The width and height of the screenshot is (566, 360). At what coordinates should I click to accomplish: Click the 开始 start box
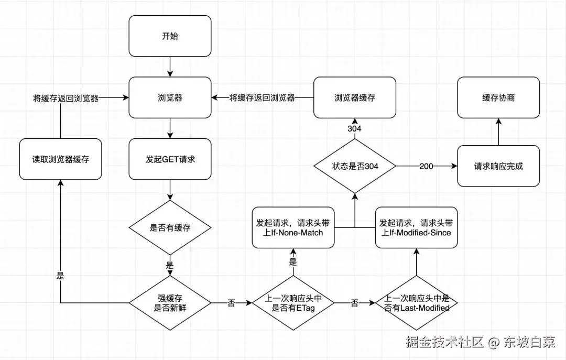170,36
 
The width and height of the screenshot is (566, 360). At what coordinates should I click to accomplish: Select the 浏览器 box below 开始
170,97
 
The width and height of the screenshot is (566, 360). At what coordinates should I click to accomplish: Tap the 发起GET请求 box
170,159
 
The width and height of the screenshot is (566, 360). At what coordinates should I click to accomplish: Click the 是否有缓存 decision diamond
170,227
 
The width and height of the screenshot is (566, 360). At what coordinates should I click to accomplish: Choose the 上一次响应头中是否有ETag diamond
292,303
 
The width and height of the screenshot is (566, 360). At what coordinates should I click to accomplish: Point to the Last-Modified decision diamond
417,303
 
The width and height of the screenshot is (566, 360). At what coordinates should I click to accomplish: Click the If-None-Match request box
292,227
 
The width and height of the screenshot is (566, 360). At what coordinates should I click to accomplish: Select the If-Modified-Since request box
416,227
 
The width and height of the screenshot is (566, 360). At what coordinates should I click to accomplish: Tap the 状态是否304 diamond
355,166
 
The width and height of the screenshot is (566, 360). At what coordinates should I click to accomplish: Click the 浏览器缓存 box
355,97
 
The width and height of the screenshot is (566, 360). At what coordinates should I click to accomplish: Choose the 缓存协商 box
498,97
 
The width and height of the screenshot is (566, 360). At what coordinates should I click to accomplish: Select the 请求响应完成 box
498,166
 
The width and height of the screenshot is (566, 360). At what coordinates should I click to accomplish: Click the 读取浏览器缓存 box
60,159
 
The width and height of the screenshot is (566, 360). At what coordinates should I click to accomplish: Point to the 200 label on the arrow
426,166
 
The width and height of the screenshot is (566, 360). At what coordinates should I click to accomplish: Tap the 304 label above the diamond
355,128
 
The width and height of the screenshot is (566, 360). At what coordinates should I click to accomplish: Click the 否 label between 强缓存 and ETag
231,303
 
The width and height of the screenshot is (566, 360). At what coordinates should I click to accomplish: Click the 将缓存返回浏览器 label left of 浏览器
65,98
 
